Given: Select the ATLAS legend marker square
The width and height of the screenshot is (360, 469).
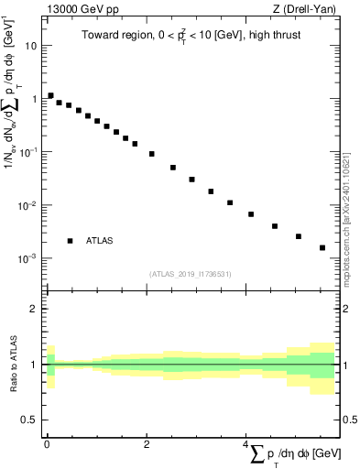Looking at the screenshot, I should pyautogui.click(x=70, y=241).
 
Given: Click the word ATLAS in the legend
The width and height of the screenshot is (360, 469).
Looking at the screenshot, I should pyautogui.click(x=100, y=241).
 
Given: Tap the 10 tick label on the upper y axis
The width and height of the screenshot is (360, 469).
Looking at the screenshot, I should pyautogui.click(x=30, y=44).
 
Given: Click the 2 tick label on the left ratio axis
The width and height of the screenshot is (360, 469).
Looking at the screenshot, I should pyautogui.click(x=34, y=309).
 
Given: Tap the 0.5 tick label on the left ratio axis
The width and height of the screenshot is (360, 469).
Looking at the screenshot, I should pyautogui.click(x=30, y=420).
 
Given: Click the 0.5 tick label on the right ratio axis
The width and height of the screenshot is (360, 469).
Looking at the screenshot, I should pyautogui.click(x=347, y=420).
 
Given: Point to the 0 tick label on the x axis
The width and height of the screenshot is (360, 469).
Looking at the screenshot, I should pyautogui.click(x=47, y=444).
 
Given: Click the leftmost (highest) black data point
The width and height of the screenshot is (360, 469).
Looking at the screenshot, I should pyautogui.click(x=50, y=95).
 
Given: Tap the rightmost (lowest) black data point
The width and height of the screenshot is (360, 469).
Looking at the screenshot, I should pyautogui.click(x=322, y=247).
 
